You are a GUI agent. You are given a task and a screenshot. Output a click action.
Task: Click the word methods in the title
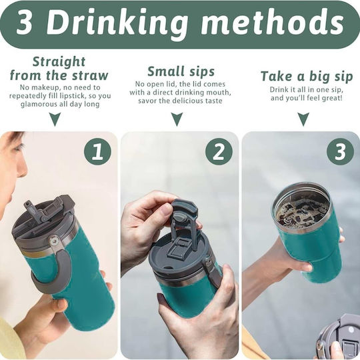coord(273,23)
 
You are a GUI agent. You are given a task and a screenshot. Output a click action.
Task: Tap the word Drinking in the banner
coord(117,25)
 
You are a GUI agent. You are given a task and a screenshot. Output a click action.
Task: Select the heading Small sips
coord(181,71)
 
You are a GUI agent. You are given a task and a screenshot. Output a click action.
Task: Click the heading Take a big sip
coord(307,76)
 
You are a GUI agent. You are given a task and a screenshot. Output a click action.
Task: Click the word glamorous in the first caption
coord(36,104)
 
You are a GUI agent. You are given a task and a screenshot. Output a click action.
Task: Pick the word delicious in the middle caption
coord(186,101)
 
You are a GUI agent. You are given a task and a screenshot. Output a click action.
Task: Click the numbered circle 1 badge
coord(97,151)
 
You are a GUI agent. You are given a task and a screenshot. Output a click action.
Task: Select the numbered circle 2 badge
coord(219,151)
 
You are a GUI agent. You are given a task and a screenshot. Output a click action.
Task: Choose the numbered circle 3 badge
coord(340,151)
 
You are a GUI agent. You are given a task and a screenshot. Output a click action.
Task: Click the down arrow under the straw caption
coord(55,119)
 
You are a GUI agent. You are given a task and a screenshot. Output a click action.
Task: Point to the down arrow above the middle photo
coord(177,119)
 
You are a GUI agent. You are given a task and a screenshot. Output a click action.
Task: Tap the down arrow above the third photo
coord(303,119)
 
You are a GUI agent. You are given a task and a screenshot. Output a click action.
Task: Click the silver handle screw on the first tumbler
coord(54,241)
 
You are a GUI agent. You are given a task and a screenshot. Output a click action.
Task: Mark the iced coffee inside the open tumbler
coord(303,213)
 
